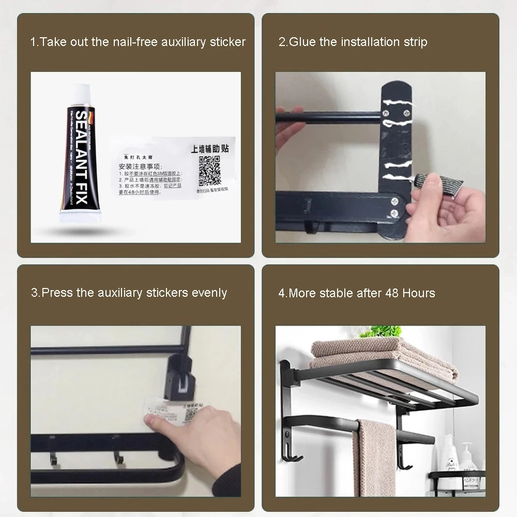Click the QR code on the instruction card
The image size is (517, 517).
click(210, 171)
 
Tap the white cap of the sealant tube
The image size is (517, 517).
click(82, 96)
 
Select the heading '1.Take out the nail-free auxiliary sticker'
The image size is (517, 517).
click(138, 42)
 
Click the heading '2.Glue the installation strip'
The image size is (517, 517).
click(353, 42)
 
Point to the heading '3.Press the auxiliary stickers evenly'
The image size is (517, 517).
click(129, 293)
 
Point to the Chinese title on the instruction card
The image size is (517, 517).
click(209, 148)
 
